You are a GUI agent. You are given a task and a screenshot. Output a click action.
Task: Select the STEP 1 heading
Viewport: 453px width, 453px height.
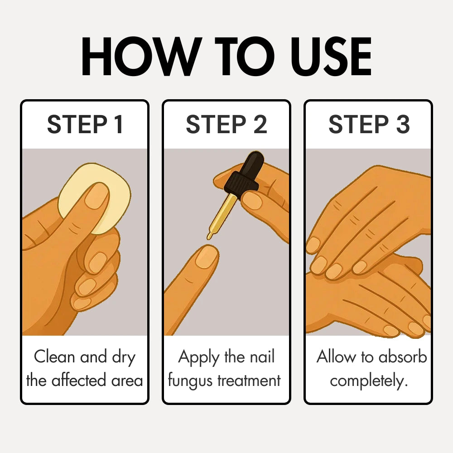85,125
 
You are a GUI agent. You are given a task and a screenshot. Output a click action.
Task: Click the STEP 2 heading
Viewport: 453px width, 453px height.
226,125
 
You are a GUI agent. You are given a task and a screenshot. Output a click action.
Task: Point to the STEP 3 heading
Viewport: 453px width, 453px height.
369,125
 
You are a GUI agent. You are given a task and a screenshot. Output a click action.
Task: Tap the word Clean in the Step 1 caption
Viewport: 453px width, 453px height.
55,357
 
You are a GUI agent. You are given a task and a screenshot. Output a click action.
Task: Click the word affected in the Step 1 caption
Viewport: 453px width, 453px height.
79,380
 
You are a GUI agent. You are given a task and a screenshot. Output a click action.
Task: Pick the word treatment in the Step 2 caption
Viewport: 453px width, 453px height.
249,381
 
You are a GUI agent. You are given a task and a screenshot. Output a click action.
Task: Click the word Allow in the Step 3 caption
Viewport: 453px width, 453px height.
337,357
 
